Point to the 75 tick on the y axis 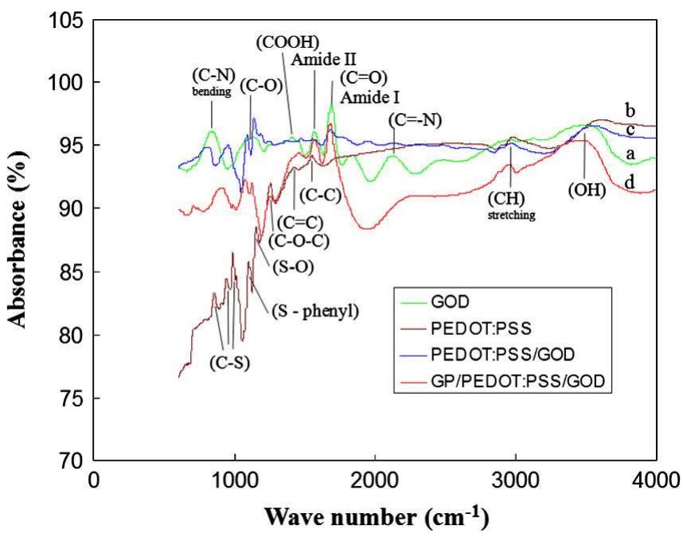[70, 398]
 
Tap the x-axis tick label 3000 [515, 481]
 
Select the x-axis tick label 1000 [235, 481]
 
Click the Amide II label [323, 59]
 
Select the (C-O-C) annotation [299, 238]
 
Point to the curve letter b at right [652, 110]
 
